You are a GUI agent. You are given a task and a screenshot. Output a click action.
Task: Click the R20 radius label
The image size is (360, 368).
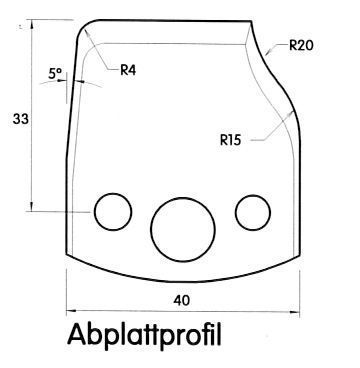click(x=301, y=45)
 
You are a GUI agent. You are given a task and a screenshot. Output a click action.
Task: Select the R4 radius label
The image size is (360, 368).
click(x=128, y=70)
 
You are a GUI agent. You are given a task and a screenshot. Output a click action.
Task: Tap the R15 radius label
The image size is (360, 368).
click(x=230, y=140)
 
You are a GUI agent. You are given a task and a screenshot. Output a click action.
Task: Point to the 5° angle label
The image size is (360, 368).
click(x=55, y=74)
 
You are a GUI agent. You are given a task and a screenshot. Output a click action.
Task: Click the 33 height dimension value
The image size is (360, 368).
click(x=21, y=119)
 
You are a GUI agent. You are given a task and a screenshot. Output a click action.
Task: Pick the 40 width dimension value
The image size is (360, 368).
click(x=182, y=301)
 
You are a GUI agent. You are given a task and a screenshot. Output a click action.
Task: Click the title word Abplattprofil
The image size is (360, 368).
click(x=144, y=335)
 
